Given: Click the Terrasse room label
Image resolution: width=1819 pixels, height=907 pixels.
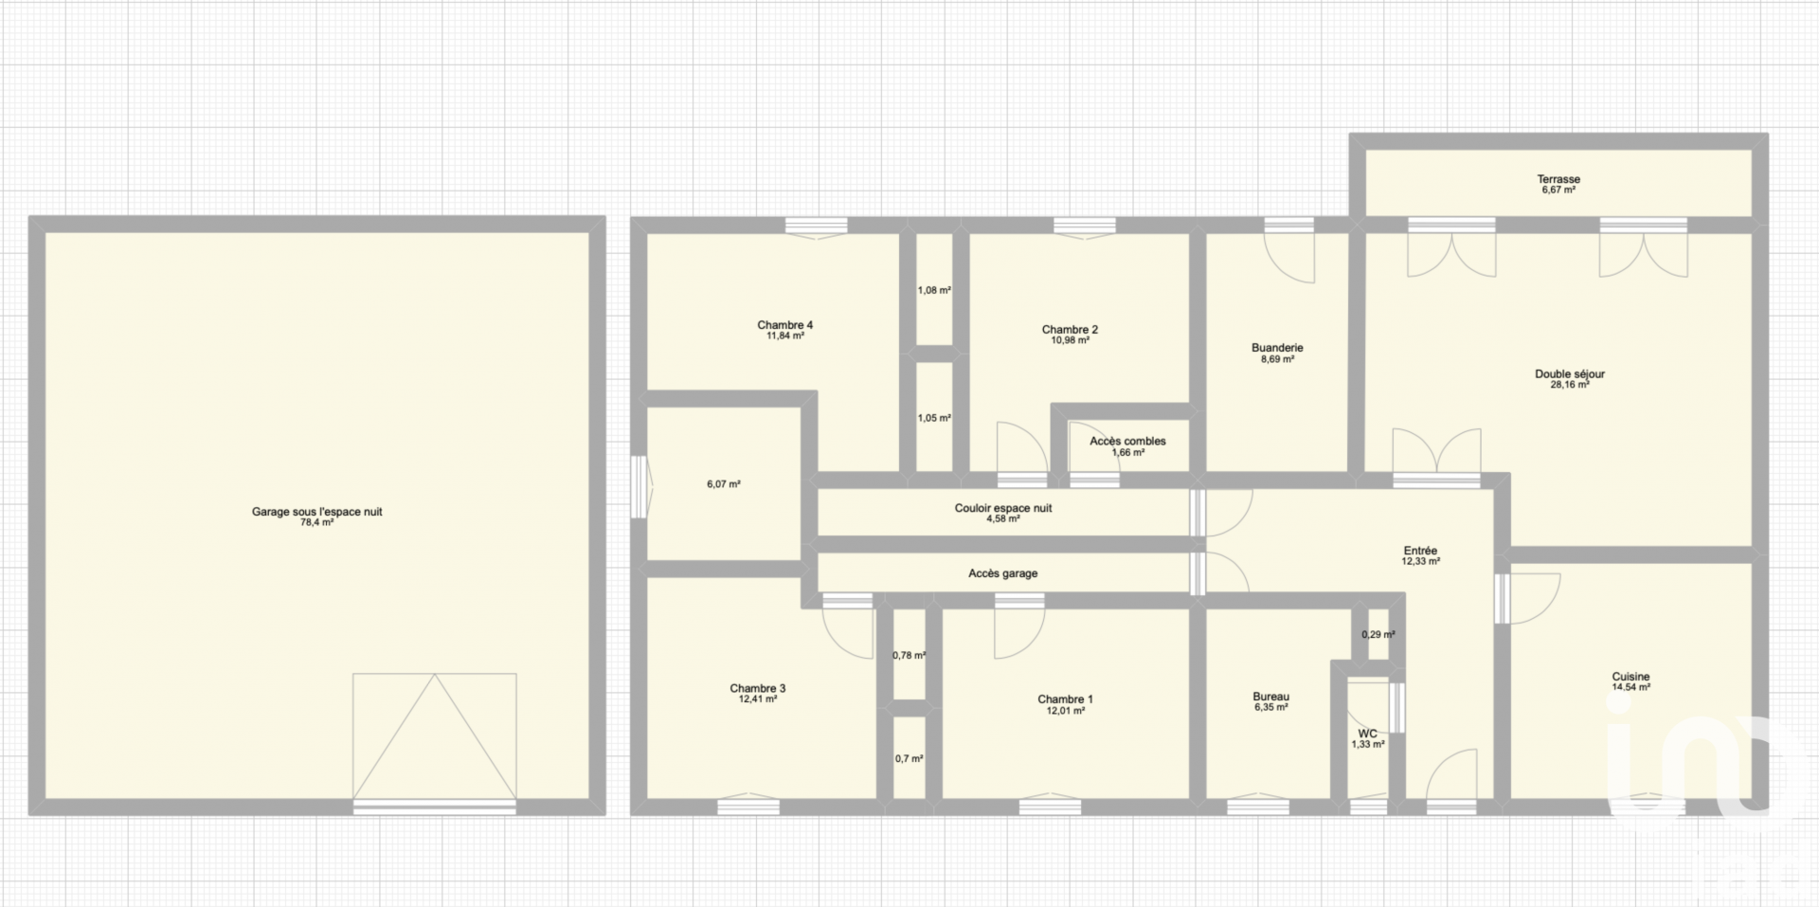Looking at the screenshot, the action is (x=1558, y=179).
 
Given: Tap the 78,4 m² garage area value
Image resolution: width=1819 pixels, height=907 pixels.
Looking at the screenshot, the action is (x=316, y=522).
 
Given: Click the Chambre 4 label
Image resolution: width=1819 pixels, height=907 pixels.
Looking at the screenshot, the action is (x=785, y=325).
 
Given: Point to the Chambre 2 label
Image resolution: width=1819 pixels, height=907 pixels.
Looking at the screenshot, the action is (x=1070, y=330).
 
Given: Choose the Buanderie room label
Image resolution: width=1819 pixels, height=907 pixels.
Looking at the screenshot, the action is (x=1277, y=348).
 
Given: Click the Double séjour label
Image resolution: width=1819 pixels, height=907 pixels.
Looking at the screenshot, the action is (x=1570, y=374).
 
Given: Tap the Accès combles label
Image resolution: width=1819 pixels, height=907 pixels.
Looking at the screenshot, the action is (x=1127, y=441).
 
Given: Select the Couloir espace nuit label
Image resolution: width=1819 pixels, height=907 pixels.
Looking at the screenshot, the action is (x=1003, y=508).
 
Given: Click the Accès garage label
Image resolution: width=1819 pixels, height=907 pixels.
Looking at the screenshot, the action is (x=1002, y=573).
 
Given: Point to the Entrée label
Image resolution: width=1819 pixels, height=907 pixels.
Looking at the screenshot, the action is (x=1420, y=551).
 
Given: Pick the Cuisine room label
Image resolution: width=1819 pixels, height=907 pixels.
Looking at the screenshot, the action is (x=1630, y=677).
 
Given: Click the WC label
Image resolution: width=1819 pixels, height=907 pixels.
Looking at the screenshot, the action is (x=1367, y=734).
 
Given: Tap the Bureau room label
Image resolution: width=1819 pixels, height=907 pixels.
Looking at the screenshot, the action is (x=1270, y=697).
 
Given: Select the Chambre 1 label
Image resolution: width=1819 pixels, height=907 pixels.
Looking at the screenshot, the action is (x=1065, y=699).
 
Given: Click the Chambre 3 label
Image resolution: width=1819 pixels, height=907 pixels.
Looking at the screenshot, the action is (x=757, y=689).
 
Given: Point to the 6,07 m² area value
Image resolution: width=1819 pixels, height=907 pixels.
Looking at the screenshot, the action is (x=723, y=484).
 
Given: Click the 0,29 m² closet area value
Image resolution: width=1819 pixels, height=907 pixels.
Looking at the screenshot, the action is (x=1378, y=635).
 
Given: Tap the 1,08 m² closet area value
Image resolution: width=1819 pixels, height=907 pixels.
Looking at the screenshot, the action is (x=934, y=290).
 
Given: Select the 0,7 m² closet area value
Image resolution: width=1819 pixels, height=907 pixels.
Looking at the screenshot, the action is (x=909, y=758).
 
